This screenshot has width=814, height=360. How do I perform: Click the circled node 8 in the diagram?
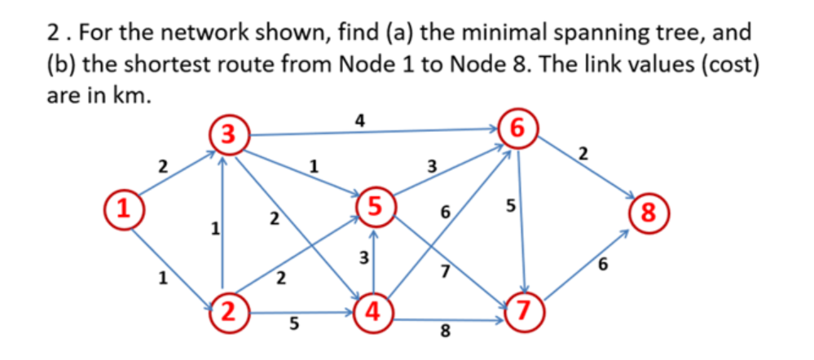pos(648,213)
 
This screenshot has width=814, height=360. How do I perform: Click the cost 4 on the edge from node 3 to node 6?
pos(360,121)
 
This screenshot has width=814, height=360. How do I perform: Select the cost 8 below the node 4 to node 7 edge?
pos(445,331)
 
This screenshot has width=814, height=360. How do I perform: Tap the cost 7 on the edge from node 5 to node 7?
pos(445,272)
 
